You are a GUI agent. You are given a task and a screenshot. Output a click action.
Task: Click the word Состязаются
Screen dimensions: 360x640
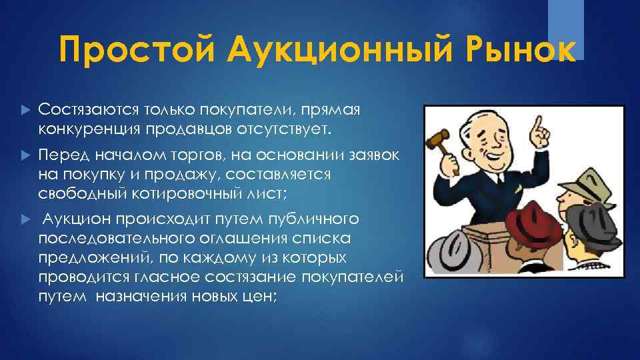tap(81, 108)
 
